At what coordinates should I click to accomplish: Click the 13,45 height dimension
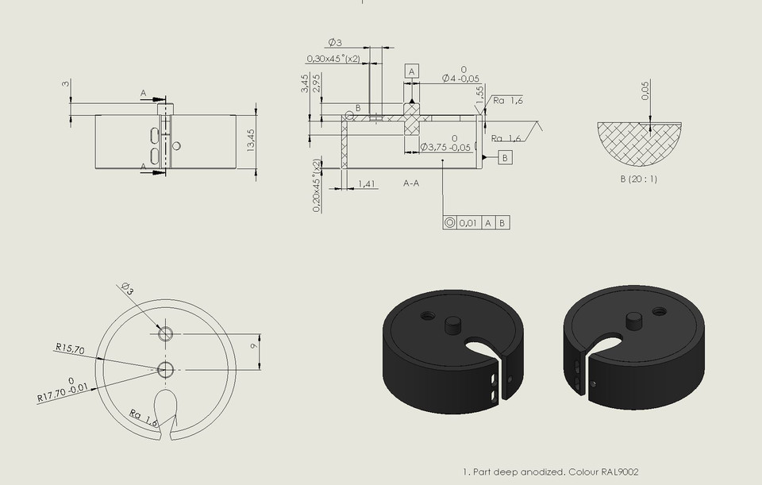point(251,140)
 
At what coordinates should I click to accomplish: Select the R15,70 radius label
point(70,347)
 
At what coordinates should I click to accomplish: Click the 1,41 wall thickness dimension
point(366,183)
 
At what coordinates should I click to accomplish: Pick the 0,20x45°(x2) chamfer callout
point(317,186)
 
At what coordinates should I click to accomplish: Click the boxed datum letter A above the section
point(411,71)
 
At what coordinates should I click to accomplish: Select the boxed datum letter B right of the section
point(505,158)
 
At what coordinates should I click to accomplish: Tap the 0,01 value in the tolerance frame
point(468,223)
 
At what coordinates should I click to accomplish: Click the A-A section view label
point(411,183)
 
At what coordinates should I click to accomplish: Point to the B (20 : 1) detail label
point(638,179)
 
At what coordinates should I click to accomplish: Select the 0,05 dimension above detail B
point(645,94)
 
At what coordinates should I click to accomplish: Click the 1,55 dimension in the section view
point(479,93)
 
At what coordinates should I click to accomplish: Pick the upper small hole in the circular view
point(165,333)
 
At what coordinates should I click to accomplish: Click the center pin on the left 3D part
point(454,325)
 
